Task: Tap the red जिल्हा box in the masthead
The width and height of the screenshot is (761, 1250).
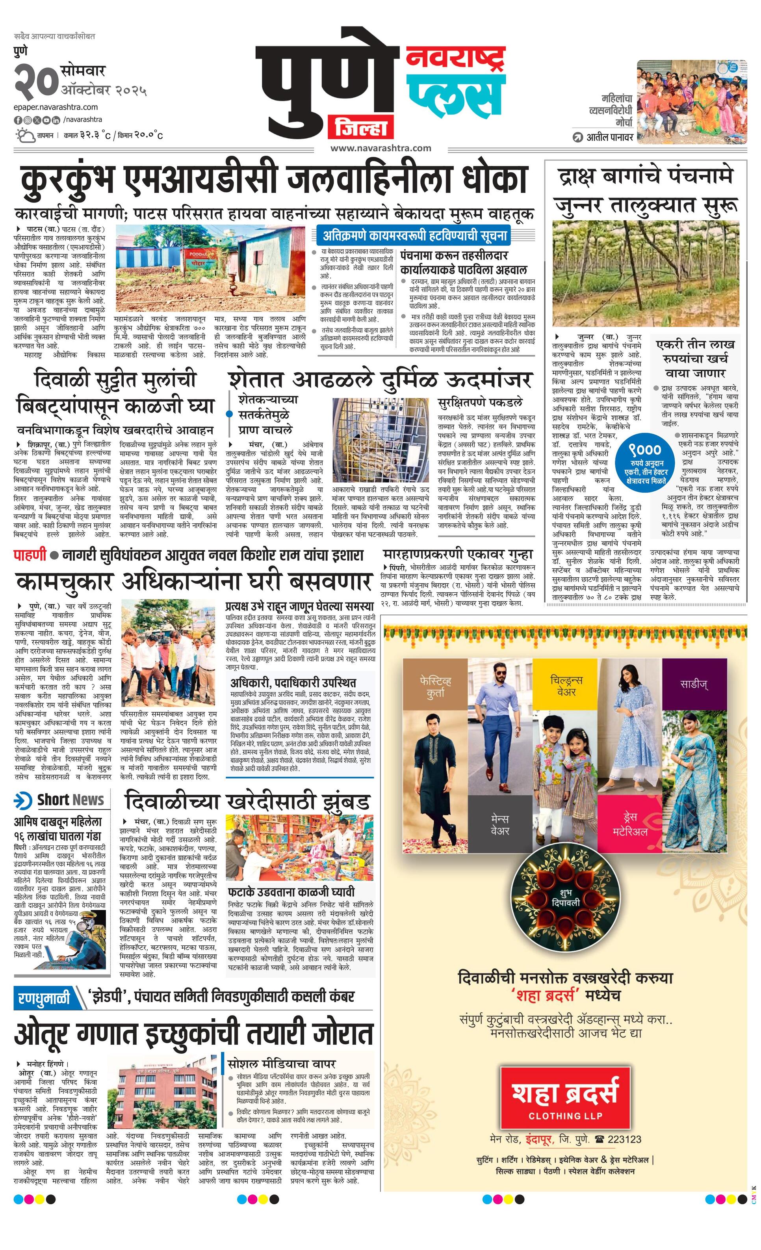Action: point(360,127)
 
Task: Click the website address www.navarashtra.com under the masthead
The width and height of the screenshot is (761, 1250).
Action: point(381,148)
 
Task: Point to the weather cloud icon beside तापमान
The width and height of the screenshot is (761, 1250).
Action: point(25,136)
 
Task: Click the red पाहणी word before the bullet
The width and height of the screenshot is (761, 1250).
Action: point(30,555)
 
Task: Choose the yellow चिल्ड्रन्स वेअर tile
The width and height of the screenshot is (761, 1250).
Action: point(566,686)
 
